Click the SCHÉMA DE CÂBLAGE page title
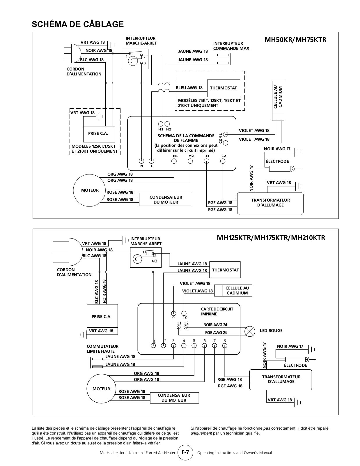(78, 24)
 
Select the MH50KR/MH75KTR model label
(295, 40)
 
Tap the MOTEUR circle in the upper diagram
(90, 190)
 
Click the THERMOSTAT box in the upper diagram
(224, 88)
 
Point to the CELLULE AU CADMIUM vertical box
(278, 100)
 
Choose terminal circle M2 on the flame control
(190, 161)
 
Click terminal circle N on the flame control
(141, 161)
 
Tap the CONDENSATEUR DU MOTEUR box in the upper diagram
(165, 200)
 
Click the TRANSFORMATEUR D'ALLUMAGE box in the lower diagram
(281, 380)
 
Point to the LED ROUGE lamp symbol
(249, 331)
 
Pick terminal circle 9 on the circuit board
(174, 313)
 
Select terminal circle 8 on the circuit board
(225, 345)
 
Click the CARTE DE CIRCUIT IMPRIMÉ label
(217, 311)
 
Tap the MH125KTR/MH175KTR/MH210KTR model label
(271, 238)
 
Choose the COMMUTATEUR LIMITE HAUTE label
(102, 349)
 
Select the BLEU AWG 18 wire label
(189, 88)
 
